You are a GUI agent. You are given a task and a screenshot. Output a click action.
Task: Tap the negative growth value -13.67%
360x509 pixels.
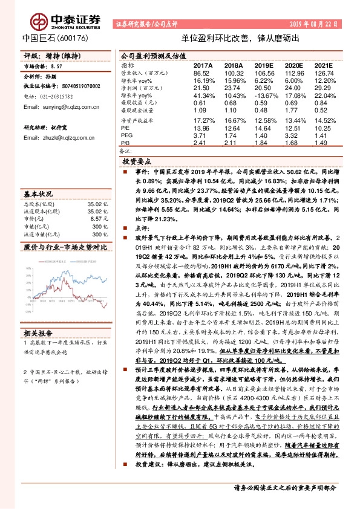[263, 96]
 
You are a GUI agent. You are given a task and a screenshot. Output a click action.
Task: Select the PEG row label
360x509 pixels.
[126, 136]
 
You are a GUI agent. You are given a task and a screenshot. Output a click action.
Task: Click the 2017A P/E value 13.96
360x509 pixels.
[203, 129]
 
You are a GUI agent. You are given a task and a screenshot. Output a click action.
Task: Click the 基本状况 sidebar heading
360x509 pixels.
[38, 195]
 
